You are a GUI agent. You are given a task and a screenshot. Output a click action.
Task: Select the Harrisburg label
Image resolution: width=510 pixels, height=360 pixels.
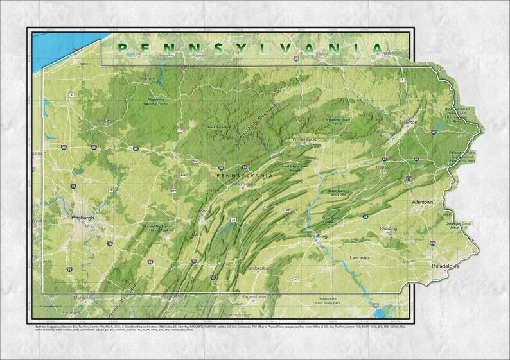click(x=317, y=236)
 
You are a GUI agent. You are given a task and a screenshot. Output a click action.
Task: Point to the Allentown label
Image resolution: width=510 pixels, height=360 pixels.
click(x=422, y=202)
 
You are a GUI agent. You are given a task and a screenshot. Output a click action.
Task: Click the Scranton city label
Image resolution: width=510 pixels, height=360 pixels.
click(x=408, y=121)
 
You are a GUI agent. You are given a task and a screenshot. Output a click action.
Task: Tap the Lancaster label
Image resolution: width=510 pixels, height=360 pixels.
click(x=359, y=257)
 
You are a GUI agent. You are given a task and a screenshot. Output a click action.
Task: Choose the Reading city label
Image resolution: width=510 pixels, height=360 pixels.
click(x=388, y=228)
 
